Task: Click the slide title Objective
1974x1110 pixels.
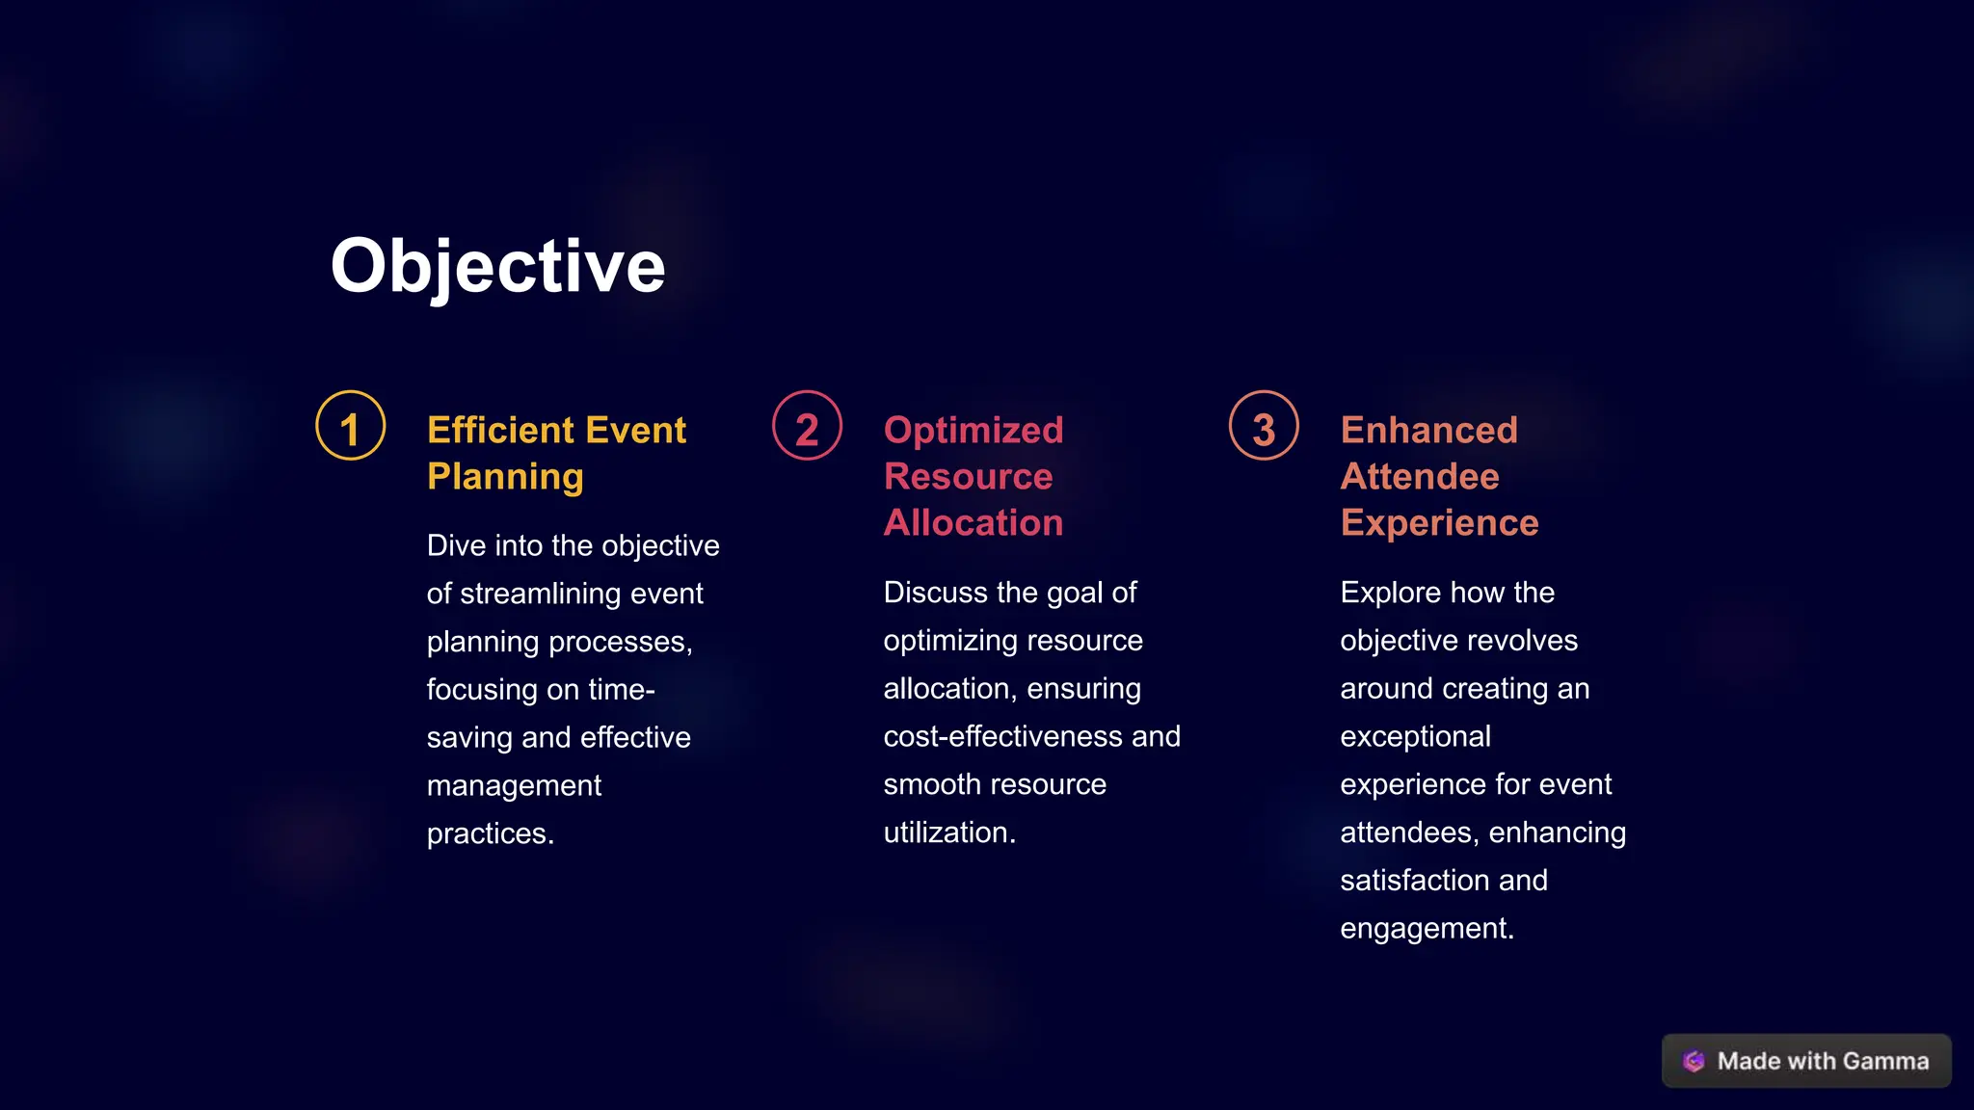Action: pos(497,266)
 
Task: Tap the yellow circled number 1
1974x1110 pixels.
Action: pos(351,426)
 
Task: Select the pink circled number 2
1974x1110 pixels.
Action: pos(807,426)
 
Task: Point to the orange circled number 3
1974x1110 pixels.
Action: pos(1264,426)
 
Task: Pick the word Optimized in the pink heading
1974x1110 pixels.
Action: pos(974,430)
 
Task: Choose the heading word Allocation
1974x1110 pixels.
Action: pos(974,522)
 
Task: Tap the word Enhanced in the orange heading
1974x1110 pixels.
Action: pos(1428,430)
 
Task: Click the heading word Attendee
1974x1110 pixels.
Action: pos(1420,476)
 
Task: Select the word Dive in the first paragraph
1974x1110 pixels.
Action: pos(456,545)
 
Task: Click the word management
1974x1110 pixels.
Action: pos(514,786)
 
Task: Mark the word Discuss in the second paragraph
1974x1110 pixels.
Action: pos(936,592)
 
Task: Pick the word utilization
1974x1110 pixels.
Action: pos(949,832)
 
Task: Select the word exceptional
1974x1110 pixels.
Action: pos(1415,736)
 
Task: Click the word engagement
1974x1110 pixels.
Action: pos(1427,929)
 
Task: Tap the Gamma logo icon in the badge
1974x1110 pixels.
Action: pos(1694,1061)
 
